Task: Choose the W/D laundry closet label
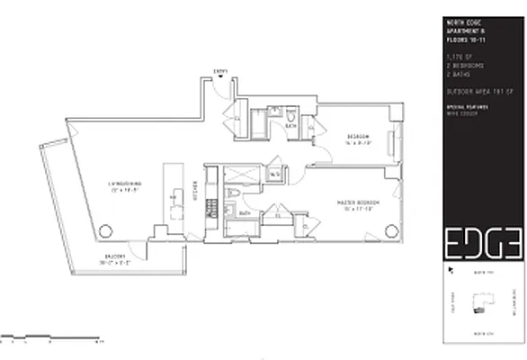274,174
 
